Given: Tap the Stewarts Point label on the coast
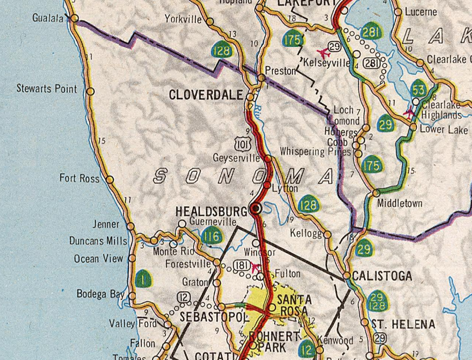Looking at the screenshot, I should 47,88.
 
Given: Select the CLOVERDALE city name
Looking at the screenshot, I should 205,95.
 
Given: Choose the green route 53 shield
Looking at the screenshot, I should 419,89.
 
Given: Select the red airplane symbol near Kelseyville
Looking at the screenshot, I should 327,52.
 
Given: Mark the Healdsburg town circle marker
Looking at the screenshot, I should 256,208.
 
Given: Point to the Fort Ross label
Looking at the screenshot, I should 80,178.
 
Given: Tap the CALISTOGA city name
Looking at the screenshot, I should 382,277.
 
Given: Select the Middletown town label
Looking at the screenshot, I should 400,203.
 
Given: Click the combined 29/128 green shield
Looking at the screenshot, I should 376,302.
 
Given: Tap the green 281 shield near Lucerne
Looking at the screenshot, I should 371,32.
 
